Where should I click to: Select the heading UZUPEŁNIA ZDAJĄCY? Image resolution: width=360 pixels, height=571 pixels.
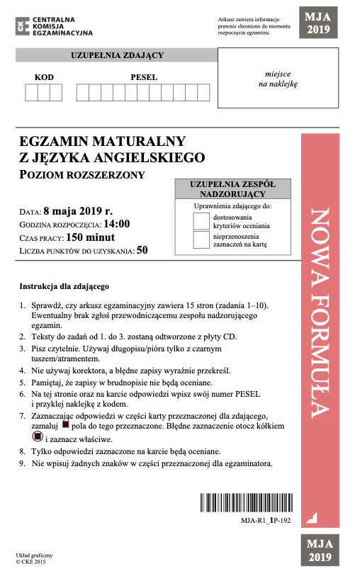click(x=118, y=55)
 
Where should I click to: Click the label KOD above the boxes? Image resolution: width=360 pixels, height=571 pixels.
click(x=43, y=77)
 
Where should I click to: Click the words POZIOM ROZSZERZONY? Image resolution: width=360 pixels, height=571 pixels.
click(x=82, y=175)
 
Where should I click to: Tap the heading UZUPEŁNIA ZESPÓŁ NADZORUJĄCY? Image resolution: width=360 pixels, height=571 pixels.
click(x=232, y=189)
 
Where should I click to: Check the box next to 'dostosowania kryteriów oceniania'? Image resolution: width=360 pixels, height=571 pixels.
click(x=202, y=220)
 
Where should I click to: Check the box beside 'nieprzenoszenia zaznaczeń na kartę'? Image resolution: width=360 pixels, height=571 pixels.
click(x=202, y=239)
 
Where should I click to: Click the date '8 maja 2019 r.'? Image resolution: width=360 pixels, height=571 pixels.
click(x=78, y=211)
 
